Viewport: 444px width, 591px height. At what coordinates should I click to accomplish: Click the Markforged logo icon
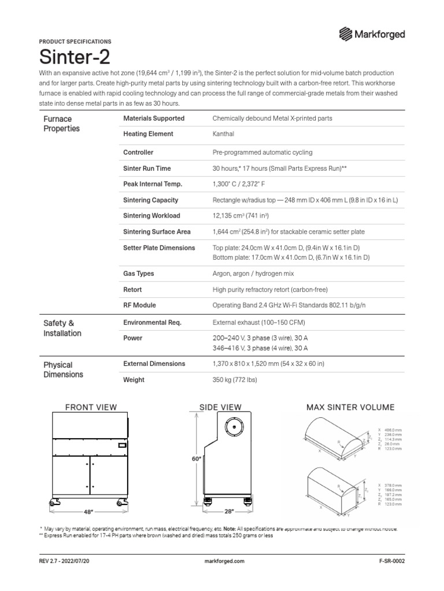click(346, 34)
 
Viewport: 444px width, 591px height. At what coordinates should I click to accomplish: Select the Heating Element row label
click(148, 134)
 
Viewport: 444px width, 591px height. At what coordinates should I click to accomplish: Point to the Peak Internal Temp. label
click(153, 184)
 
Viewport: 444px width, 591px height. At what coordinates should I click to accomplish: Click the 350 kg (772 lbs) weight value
click(235, 380)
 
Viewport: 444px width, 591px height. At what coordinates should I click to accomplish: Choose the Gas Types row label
click(139, 274)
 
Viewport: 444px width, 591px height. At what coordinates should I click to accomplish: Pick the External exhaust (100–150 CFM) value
click(259, 323)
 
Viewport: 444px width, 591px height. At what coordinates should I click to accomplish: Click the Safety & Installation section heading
click(62, 328)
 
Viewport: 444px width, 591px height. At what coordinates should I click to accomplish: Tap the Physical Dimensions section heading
click(64, 369)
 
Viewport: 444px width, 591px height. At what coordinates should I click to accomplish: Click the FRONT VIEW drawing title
click(91, 407)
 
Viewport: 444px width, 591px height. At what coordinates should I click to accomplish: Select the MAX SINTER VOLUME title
click(350, 407)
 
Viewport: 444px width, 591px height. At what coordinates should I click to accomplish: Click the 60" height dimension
click(196, 459)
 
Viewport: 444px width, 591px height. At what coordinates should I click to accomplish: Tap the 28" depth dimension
click(228, 511)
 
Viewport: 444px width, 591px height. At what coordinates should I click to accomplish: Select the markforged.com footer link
click(225, 561)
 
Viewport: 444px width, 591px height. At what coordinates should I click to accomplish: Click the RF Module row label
click(139, 305)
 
